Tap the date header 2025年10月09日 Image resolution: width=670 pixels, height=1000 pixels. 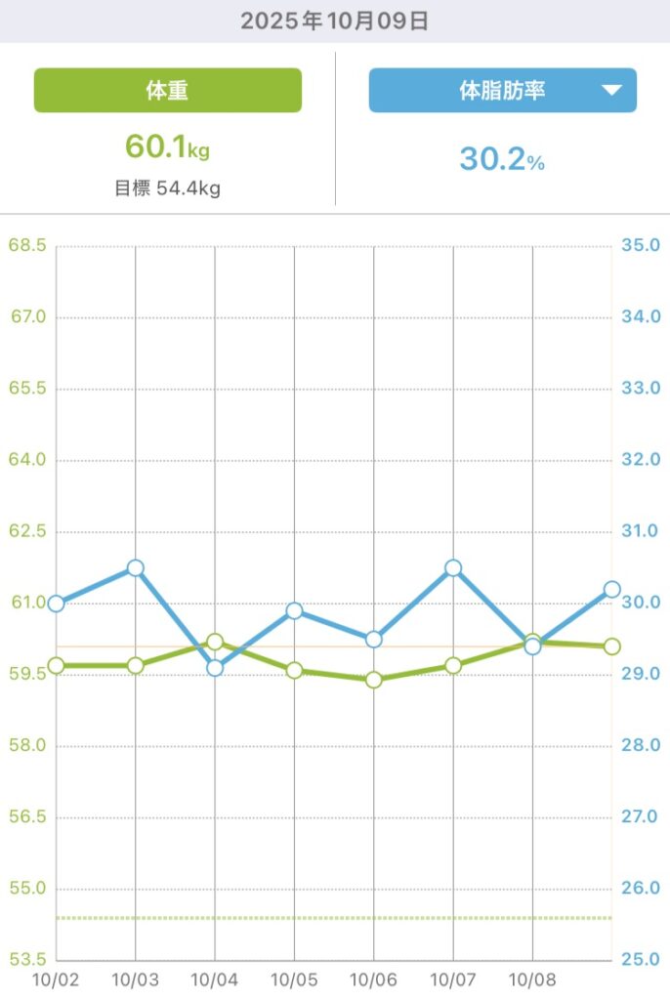click(334, 21)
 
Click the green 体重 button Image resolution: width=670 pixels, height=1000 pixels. click(168, 91)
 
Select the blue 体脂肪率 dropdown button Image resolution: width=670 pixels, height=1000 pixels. click(502, 91)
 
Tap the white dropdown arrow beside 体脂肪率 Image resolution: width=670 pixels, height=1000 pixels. click(611, 91)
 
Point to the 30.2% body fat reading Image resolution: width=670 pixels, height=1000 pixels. click(502, 159)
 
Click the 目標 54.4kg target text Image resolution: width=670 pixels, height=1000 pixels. click(168, 188)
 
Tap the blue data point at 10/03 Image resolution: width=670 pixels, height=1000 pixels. click(136, 568)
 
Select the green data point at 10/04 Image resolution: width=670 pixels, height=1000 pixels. click(215, 642)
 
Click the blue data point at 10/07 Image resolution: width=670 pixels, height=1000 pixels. click(453, 568)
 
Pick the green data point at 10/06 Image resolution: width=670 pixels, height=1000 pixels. click(373, 680)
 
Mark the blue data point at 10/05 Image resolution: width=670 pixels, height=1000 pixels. click(294, 611)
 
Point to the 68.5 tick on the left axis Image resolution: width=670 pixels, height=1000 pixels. click(27, 245)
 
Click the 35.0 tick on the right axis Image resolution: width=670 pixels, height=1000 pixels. click(641, 245)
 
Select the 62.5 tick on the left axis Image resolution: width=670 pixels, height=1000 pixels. click(27, 531)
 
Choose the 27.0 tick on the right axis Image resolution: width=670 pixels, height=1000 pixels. click(641, 817)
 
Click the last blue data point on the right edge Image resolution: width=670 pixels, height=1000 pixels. click(612, 589)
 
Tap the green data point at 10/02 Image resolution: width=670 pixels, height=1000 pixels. click(57, 665)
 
